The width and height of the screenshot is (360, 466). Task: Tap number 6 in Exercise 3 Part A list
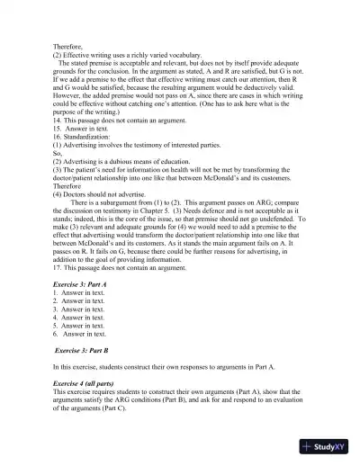coord(55,334)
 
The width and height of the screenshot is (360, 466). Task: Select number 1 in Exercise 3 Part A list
coord(55,292)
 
